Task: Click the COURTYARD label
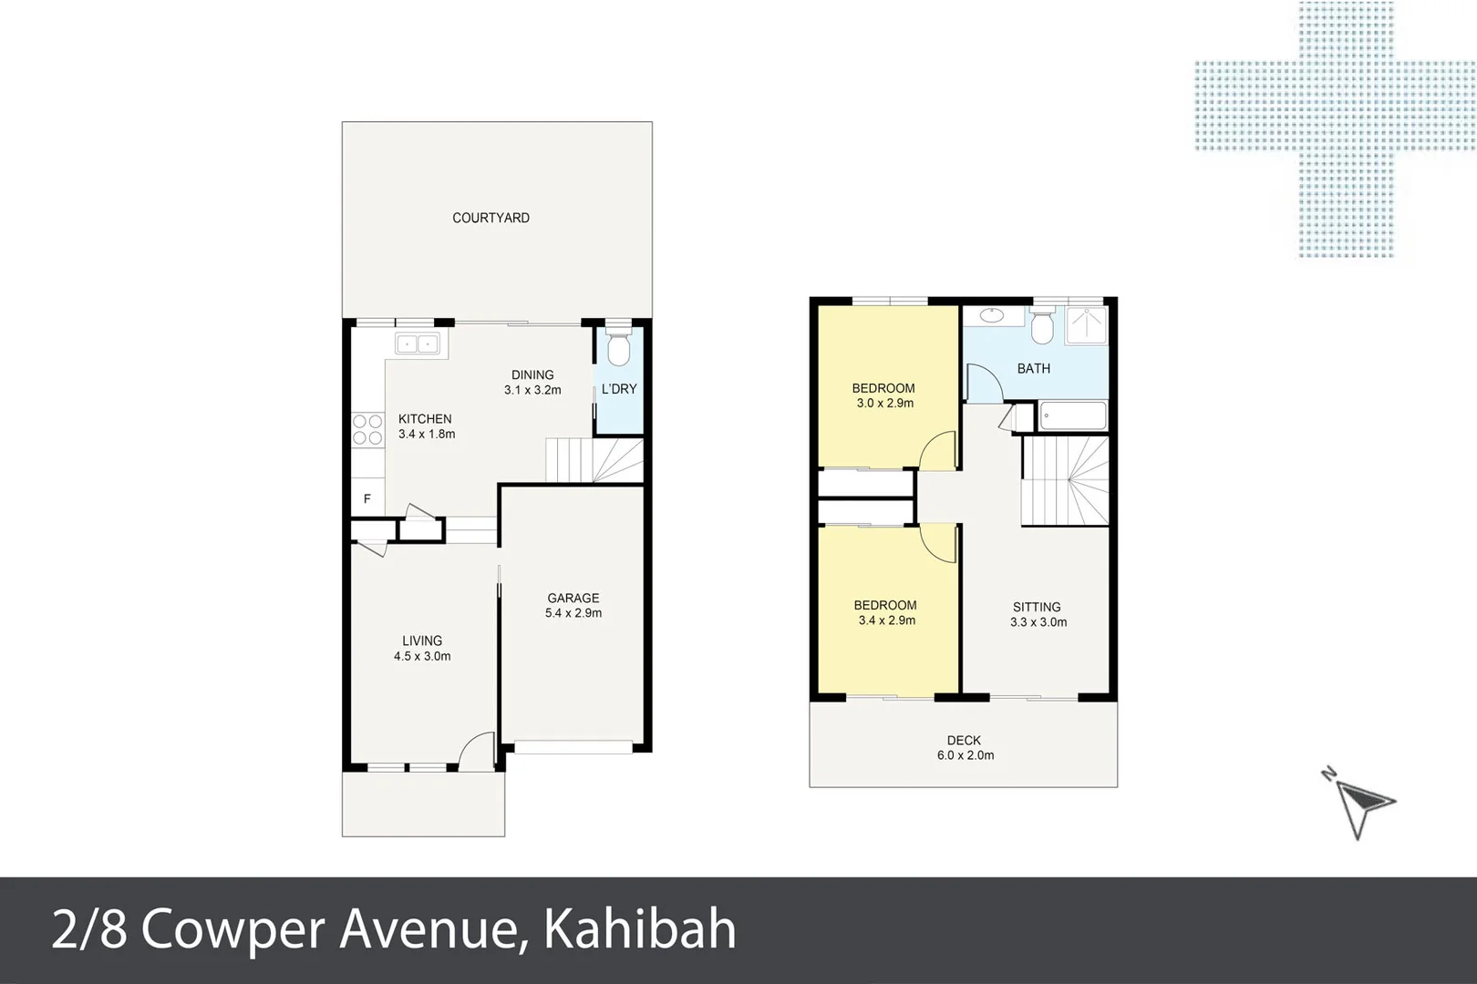[491, 218]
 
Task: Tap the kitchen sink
[417, 343]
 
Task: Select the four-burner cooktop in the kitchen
[367, 430]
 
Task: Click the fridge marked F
[367, 498]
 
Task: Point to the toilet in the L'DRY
[618, 350]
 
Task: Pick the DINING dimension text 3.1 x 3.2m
[532, 390]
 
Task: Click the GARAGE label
[573, 598]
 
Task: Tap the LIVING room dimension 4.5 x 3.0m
[422, 656]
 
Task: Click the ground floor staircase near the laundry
[594, 460]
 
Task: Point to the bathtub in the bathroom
[1073, 415]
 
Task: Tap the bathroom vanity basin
[989, 316]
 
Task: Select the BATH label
[1033, 368]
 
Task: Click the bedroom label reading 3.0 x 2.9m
[884, 403]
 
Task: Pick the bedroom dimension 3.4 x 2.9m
[886, 620]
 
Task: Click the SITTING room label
[1037, 607]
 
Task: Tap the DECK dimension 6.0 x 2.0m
[965, 755]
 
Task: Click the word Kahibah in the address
[639, 930]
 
